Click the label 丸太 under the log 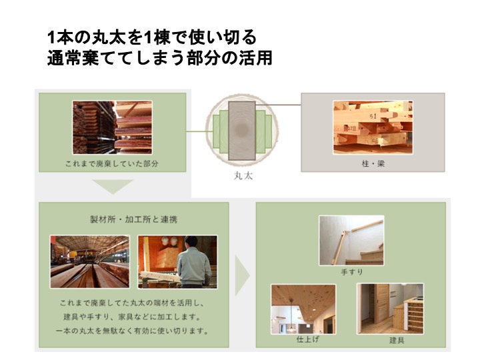pos(243,176)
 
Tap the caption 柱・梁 pos(373,164)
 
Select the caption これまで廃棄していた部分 pos(112,164)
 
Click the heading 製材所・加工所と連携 pos(134,219)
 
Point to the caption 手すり pos(352,272)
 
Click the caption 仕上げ pos(307,339)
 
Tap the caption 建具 pos(397,340)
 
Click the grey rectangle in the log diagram pos(242,131)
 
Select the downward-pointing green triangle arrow pos(113,187)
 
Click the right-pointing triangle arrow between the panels pos(242,275)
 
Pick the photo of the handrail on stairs pos(351,240)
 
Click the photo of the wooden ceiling pos(303,309)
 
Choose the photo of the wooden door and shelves pos(390,309)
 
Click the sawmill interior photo pos(90,262)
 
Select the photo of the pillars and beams pos(373,127)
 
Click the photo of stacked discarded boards pos(113,127)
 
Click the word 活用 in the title pos(255,58)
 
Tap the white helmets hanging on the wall pos(169,241)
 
